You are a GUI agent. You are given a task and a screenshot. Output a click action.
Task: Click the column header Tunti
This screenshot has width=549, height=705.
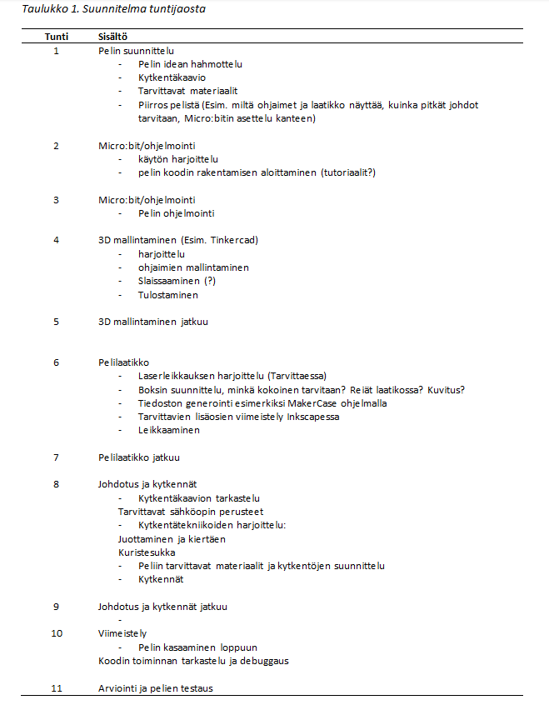[57, 37]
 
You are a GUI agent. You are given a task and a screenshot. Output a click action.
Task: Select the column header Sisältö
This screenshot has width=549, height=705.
[113, 37]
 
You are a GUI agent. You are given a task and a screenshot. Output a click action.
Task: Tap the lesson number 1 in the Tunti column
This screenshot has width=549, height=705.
[57, 51]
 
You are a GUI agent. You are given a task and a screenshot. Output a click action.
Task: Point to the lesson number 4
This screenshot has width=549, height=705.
[57, 240]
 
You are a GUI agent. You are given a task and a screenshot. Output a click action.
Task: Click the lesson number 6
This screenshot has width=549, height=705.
[57, 362]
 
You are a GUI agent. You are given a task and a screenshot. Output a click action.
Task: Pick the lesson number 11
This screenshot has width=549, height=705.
[57, 687]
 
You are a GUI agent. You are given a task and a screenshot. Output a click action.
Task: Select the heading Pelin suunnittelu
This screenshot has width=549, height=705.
[137, 51]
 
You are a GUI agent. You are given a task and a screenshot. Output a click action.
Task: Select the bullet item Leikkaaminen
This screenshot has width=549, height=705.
[169, 430]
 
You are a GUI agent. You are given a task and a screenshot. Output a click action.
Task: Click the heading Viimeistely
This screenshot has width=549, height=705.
[122, 633]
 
